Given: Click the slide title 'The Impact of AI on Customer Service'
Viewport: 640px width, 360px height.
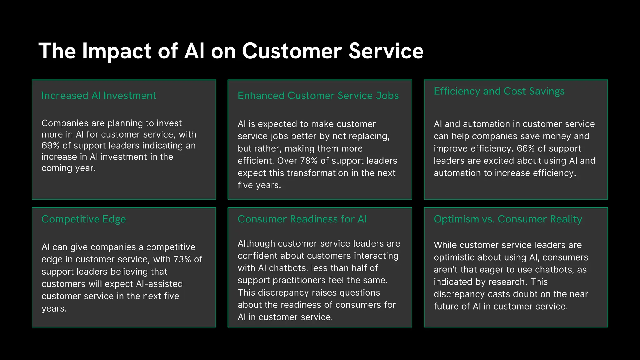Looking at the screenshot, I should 231,51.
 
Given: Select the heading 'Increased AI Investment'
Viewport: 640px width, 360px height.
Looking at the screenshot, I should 99,96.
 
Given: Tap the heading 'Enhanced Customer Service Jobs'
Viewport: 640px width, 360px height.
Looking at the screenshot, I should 318,96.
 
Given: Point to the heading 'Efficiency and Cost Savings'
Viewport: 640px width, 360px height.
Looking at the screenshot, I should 499,91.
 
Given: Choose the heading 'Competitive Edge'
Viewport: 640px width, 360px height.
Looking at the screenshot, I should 84,219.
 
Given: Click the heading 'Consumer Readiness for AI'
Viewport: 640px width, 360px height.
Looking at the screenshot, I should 302,219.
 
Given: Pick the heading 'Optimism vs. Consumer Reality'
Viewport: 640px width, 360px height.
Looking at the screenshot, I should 508,219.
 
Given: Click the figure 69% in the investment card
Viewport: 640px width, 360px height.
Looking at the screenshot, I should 51,146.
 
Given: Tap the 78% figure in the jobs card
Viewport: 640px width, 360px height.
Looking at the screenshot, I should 309,161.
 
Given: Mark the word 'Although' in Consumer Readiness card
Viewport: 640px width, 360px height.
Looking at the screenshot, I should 257,243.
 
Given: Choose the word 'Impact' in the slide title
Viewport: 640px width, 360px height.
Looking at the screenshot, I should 117,51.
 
